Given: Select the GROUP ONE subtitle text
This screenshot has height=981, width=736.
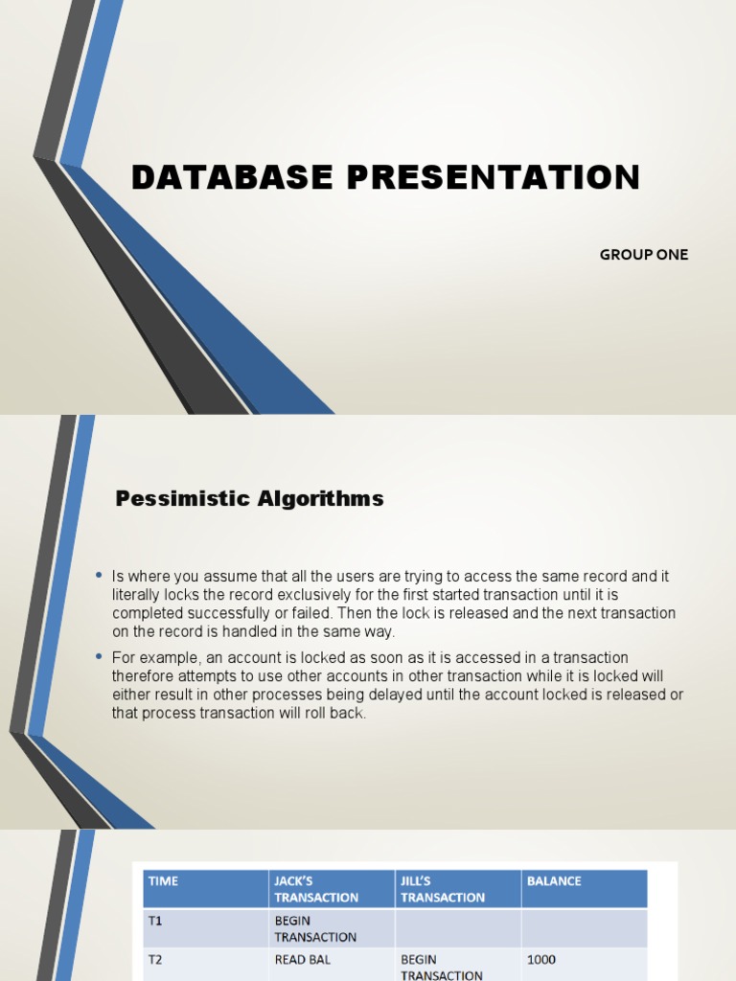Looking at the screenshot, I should coord(644,255).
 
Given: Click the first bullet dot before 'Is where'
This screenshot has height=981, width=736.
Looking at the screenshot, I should coord(99,575).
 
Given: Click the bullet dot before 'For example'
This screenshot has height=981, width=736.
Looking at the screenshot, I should coord(99,655).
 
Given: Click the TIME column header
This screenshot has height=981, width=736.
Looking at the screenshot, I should coord(163,881).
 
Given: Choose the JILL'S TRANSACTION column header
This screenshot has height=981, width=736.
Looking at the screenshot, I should coord(443,889).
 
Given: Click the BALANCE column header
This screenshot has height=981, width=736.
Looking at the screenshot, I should coord(554,881).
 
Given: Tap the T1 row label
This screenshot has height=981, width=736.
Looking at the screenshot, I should coord(155,922).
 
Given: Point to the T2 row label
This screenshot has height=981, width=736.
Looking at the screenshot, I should coord(155,959).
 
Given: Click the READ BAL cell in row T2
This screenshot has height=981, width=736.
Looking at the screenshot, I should coord(303,959).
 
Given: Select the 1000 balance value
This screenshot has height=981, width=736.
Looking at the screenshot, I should coord(541,959).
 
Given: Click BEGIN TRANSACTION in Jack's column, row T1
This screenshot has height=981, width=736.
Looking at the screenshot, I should coord(315,929).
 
